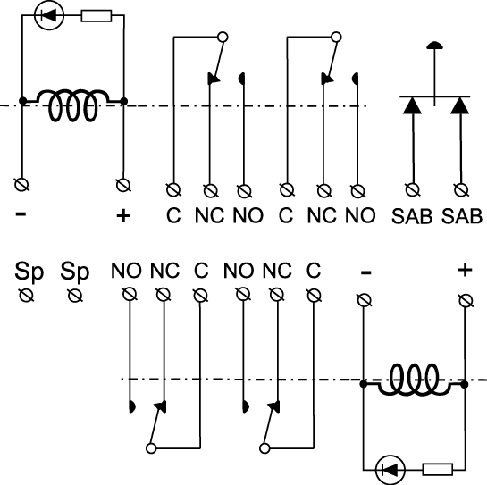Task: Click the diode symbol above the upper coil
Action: tap(49, 15)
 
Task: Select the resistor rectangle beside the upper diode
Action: tap(97, 15)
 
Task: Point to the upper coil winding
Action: tap(73, 105)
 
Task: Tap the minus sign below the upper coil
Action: tap(21, 213)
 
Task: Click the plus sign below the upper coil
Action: tap(123, 215)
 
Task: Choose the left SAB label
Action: tap(412, 216)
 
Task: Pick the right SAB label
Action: tap(462, 216)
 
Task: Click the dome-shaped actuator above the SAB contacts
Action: tap(434, 46)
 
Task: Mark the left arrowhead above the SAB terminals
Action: tap(412, 105)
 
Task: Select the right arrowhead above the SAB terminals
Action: tap(460, 105)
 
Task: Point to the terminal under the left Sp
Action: tap(27, 296)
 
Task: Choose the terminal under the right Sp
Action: tap(75, 296)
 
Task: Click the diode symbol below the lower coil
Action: tap(390, 470)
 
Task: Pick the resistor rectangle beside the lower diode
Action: tap(438, 469)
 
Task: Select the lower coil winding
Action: tap(414, 380)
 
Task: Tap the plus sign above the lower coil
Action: tap(465, 270)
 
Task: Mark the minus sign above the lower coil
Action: tap(365, 272)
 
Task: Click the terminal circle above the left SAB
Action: tap(413, 189)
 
